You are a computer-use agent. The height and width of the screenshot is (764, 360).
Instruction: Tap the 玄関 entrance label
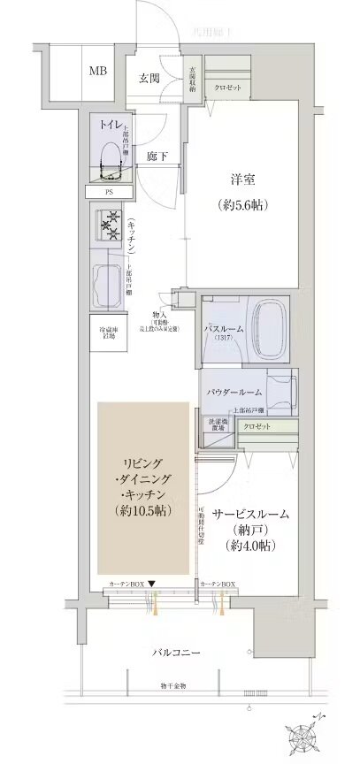pyautogui.click(x=149, y=78)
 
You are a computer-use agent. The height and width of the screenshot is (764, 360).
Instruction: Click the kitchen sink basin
pyautogui.click(x=110, y=281)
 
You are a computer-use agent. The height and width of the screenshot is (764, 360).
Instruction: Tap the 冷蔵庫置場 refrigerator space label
pyautogui.click(x=109, y=333)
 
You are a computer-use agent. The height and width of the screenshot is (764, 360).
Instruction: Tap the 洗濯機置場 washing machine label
pyautogui.click(x=217, y=424)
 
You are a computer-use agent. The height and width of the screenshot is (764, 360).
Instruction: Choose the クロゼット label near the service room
pyautogui.click(x=258, y=426)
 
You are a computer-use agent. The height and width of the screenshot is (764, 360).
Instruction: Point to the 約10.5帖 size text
pyautogui.click(x=142, y=510)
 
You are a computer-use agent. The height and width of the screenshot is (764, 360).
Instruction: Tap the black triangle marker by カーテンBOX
pyautogui.click(x=152, y=584)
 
